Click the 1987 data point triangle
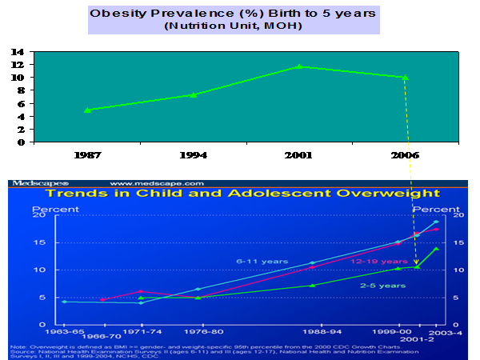pyautogui.click(x=86, y=110)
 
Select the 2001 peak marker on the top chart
pyautogui.click(x=299, y=66)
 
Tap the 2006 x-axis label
pyautogui.click(x=405, y=157)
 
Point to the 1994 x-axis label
pyautogui.click(x=193, y=157)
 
